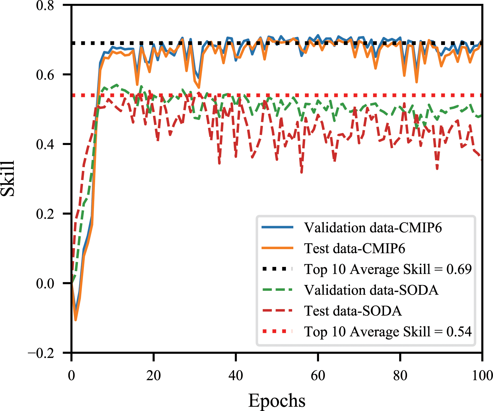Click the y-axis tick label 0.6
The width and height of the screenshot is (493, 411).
(45, 75)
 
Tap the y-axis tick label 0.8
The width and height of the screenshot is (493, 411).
(45, 6)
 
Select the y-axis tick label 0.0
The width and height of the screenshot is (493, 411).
(45, 283)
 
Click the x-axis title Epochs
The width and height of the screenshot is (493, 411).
(277, 401)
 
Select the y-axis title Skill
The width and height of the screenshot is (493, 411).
(8, 179)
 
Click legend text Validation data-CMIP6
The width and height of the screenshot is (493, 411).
(373, 228)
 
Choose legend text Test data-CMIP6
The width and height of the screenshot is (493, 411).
(354, 249)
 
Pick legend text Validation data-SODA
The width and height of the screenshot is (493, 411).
(371, 290)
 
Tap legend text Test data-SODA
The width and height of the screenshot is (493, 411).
(353, 311)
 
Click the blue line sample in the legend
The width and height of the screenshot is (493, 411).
(277, 227)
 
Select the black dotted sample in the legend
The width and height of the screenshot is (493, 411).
(277, 269)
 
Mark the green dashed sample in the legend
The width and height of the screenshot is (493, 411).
(277, 290)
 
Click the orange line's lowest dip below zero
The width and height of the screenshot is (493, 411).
(76, 320)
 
